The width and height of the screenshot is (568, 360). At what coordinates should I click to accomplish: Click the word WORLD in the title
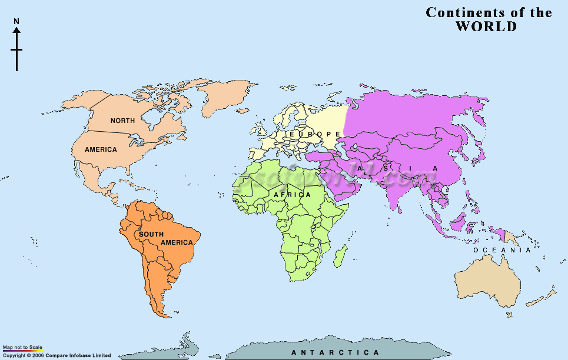coord(486,26)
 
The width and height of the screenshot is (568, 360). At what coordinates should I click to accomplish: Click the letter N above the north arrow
coord(16,22)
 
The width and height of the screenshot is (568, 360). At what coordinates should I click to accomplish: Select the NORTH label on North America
coord(122,121)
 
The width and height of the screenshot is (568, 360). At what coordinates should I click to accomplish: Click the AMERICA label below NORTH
coord(101,149)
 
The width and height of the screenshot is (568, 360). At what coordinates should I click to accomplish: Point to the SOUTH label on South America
coord(151,234)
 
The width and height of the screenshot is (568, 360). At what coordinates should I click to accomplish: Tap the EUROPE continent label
coord(312,135)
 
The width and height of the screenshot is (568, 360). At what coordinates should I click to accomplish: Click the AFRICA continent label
coord(292,195)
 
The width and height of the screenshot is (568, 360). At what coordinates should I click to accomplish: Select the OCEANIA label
coord(502,250)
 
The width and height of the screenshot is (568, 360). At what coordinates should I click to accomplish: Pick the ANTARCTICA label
coord(336,352)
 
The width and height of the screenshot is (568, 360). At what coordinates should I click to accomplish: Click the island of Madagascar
coord(340,256)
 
